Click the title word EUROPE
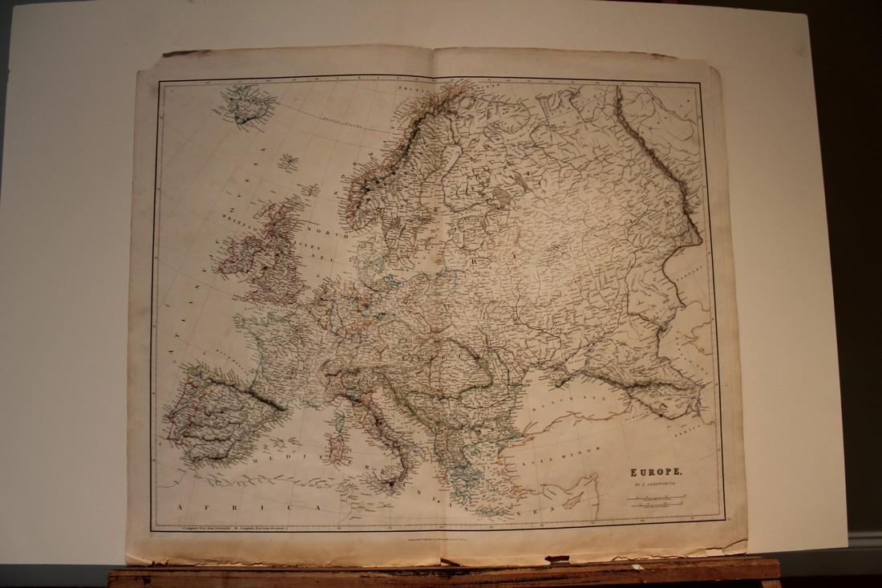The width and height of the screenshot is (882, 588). tap(650, 473)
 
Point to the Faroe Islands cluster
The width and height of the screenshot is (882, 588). tap(288, 163)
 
